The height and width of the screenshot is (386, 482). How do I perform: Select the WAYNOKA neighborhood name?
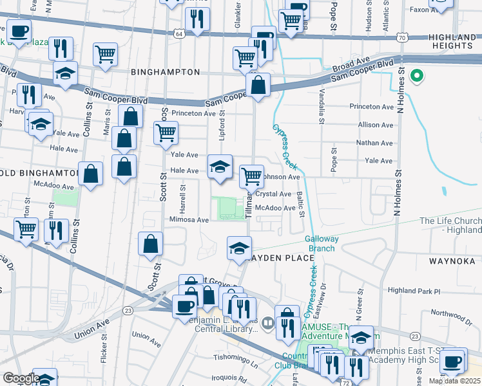(x=451, y=261)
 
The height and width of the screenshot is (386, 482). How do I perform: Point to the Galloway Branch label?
(x=322, y=243)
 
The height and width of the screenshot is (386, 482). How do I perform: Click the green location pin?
(x=417, y=77)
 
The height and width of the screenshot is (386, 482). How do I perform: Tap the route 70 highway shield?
(x=401, y=38)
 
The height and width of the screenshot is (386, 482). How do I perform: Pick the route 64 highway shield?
(x=178, y=33)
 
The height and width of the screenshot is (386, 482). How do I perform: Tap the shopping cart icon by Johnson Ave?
(x=251, y=176)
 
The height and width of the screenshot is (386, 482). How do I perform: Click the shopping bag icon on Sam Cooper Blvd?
(x=258, y=85)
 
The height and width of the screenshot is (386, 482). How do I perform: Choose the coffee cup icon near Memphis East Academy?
(x=452, y=360)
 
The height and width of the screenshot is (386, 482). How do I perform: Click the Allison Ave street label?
(x=375, y=125)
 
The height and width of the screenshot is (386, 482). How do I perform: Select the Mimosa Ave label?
(x=189, y=219)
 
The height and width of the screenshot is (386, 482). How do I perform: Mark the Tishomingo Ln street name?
(x=236, y=357)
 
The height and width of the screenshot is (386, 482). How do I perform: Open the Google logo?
(x=21, y=378)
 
